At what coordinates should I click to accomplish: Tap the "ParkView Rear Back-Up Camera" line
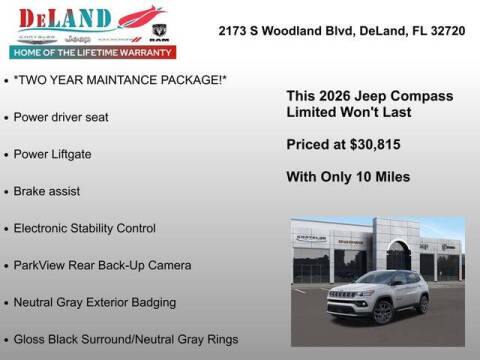coord(103,265)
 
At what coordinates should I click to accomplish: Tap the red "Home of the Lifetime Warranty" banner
coord(91,51)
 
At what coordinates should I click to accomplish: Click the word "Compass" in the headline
coord(423,96)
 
